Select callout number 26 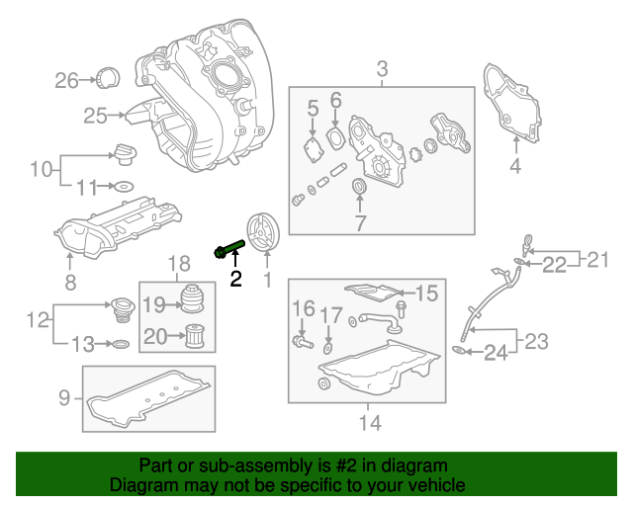[66, 80]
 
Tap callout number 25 [95, 117]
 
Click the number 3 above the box [383, 69]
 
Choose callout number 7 [359, 223]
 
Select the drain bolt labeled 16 [300, 342]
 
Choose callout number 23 [535, 342]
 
